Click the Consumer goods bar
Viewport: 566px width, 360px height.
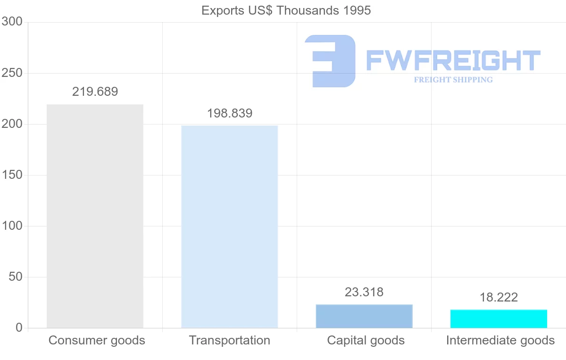coord(95,216)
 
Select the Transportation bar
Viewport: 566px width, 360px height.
coord(230,226)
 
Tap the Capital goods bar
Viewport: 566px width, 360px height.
coord(364,316)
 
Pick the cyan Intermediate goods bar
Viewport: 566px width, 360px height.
coord(499,318)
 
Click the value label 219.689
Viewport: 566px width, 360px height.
coord(95,92)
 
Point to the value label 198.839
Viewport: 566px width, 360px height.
coord(230,113)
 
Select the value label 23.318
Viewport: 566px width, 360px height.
coord(364,292)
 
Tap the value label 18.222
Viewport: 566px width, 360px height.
coord(499,297)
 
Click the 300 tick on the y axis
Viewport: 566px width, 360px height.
coord(12,22)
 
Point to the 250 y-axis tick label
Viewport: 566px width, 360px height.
coord(12,73)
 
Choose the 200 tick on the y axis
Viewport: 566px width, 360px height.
coord(12,124)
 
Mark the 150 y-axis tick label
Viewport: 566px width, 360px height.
coord(12,175)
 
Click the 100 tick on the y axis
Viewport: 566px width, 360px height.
coord(12,226)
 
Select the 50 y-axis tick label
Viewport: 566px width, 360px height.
coord(16,277)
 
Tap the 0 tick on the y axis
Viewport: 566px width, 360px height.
coord(19,327)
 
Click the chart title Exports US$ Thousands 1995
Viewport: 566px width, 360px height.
coord(286,10)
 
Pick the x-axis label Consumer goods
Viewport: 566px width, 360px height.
coord(97,340)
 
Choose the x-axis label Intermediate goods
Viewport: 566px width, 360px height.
coord(500,340)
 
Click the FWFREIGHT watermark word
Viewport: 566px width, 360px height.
coord(453,60)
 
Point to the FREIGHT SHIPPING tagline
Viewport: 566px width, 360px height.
coord(453,80)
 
